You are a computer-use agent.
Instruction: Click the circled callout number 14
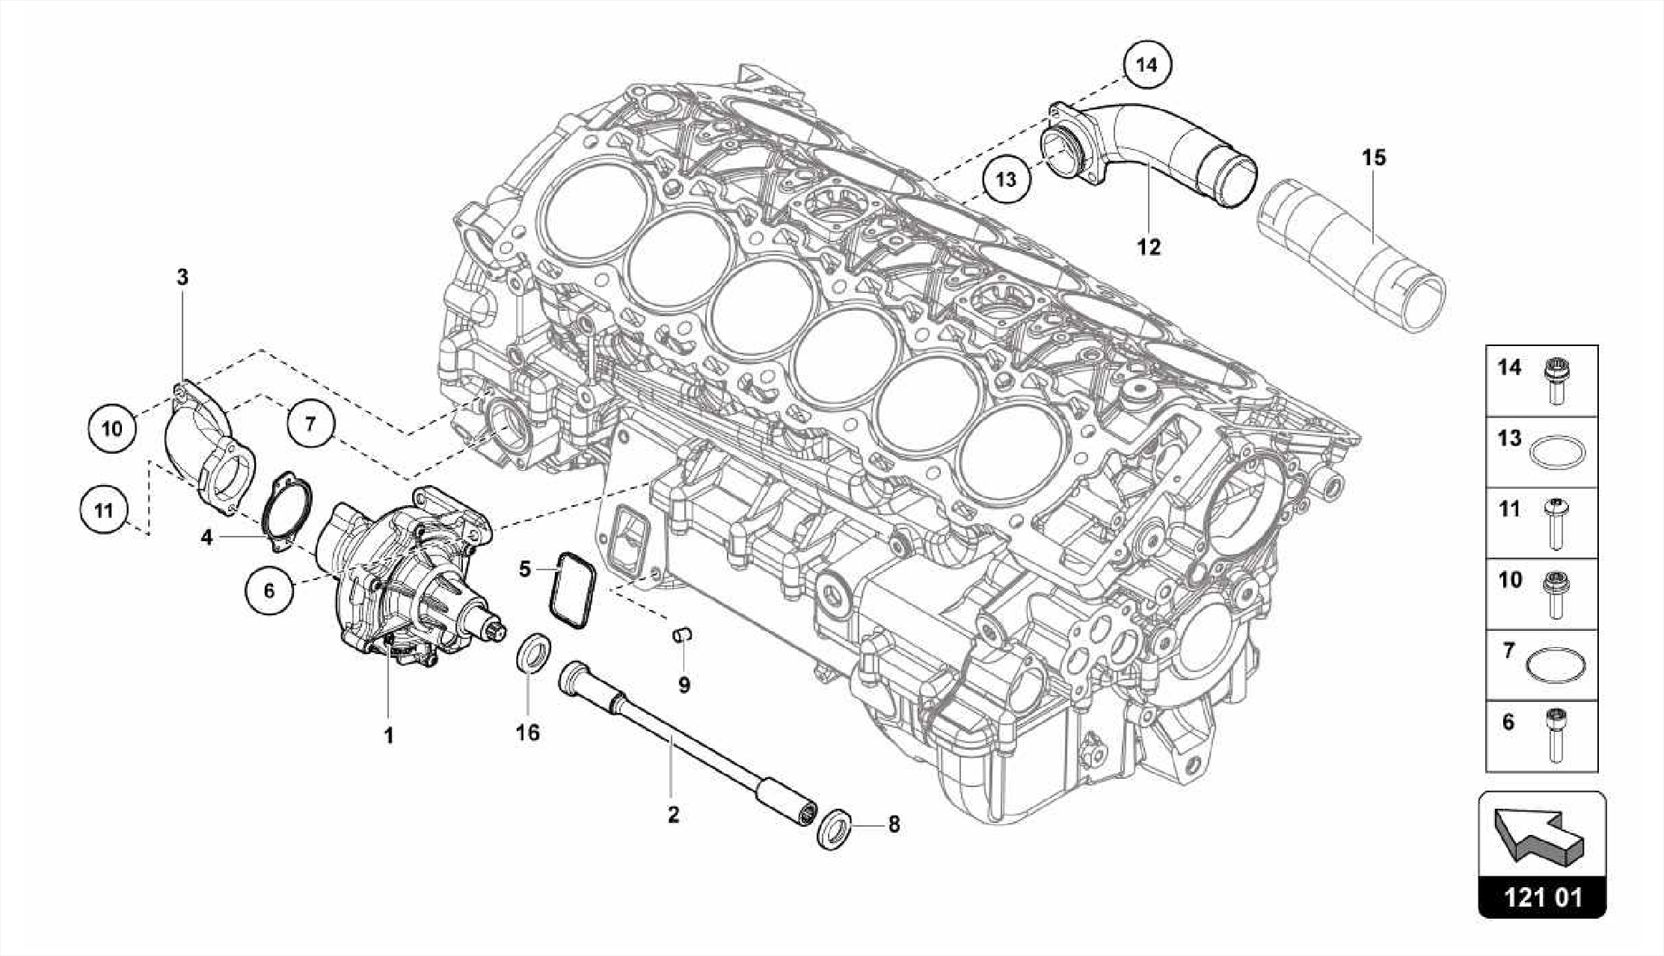1146,64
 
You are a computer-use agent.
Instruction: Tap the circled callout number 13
1006,179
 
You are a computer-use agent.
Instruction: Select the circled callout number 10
112,427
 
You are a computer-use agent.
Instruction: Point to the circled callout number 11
103,511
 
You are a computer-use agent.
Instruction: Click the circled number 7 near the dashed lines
310,422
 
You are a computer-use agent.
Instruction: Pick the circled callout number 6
269,590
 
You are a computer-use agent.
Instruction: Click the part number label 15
1373,158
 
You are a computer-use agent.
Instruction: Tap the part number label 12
1149,247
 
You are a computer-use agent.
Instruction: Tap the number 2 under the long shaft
673,815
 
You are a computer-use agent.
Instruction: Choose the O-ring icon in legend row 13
1556,452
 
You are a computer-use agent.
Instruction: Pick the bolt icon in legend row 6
1556,734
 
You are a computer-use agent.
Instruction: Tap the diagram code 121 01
1542,898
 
